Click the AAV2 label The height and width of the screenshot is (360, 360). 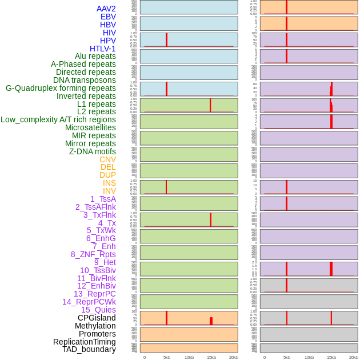pyautogui.click(x=106, y=9)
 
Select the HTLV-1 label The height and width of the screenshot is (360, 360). pyautogui.click(x=102, y=49)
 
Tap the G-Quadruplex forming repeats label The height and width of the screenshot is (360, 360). pyautogui.click(x=61, y=88)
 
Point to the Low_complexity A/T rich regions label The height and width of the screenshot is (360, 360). pyautogui.click(x=58, y=119)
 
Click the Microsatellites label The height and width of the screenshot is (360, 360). pyautogui.click(x=90, y=127)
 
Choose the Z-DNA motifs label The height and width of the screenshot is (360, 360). pyautogui.click(x=93, y=151)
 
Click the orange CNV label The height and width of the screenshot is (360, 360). pyautogui.click(x=107, y=159)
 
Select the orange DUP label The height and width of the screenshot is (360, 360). pyautogui.click(x=107, y=175)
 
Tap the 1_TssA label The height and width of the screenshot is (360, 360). pyautogui.click(x=103, y=199)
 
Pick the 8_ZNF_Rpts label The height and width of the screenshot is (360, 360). pyautogui.click(x=93, y=254)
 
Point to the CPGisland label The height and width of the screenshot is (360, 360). pyautogui.click(x=97, y=318)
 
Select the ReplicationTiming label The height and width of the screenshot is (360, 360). pyautogui.click(x=85, y=342)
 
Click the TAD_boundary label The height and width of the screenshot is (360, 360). pyautogui.click(x=89, y=349)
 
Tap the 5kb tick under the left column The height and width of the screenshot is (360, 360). pyautogui.click(x=167, y=357)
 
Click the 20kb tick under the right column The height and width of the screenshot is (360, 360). pyautogui.click(x=354, y=357)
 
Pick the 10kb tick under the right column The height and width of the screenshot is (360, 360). pyautogui.click(x=309, y=357)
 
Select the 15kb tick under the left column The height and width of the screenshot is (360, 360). pyautogui.click(x=211, y=357)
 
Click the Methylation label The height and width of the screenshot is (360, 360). pyautogui.click(x=95, y=326)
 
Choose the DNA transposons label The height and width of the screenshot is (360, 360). pyautogui.click(x=85, y=80)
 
